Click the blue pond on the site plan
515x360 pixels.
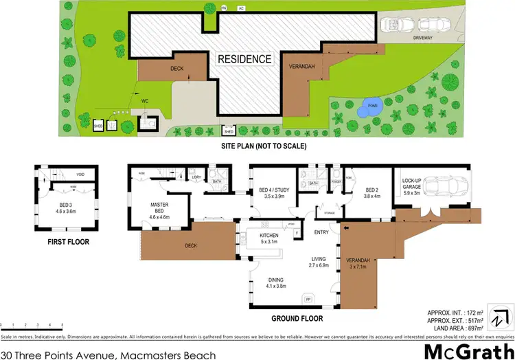(x=370, y=108)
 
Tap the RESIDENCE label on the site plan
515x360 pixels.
(x=244, y=59)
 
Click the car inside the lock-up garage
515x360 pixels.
(x=447, y=188)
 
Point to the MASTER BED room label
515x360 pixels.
(x=160, y=207)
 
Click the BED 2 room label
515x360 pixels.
(x=372, y=193)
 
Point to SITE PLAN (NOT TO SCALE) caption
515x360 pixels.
(x=262, y=146)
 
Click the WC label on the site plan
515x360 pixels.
(x=145, y=101)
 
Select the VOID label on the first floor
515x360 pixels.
(x=80, y=175)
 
